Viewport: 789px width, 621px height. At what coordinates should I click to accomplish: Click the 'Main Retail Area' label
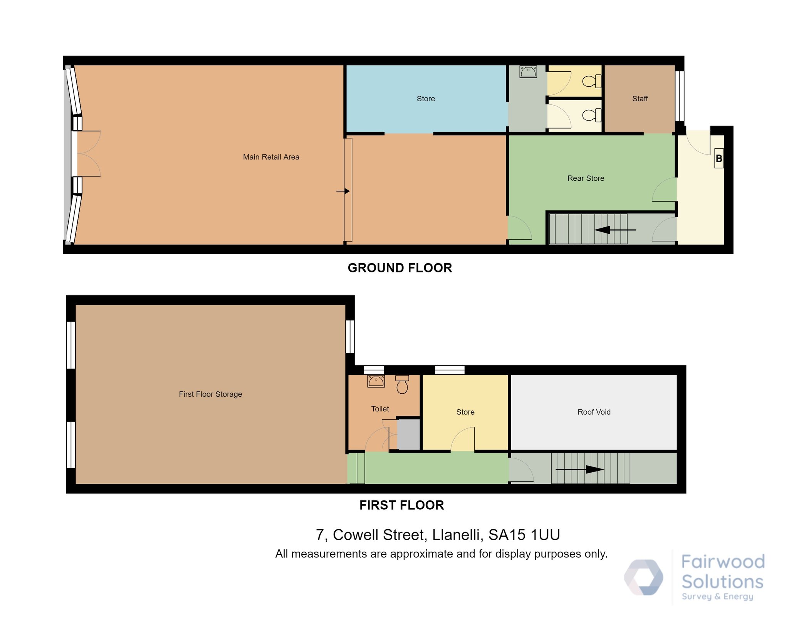coord(271,157)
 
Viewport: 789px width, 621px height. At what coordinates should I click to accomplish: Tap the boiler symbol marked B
coord(719,158)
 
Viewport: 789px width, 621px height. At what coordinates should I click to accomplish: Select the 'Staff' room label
coord(640,99)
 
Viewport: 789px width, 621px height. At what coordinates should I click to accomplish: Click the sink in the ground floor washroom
coord(528,72)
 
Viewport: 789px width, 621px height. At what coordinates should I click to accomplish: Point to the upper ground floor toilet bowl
coord(592,81)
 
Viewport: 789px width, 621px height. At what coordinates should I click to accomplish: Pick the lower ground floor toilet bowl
coord(592,115)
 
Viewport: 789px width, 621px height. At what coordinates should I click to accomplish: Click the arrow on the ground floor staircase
coord(615,230)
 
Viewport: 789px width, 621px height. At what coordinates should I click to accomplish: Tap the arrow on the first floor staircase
coord(579,469)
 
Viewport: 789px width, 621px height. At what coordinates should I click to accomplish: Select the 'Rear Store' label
coord(586,178)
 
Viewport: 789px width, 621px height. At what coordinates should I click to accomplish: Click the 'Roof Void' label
coord(594,412)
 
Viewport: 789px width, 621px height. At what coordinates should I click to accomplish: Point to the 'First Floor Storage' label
coord(210,394)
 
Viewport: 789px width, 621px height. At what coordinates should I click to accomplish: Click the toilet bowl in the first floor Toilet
coord(402,384)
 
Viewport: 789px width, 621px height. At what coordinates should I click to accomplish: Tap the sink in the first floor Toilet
coord(376,381)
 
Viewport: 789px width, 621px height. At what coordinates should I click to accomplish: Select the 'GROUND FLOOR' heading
coord(400,268)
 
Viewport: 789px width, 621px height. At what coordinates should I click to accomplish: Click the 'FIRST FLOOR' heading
coord(401,505)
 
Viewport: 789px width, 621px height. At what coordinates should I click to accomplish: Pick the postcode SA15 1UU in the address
coord(524,535)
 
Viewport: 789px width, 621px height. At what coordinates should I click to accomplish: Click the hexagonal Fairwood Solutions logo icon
coord(643,577)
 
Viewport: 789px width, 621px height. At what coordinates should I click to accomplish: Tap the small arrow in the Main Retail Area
coord(343,191)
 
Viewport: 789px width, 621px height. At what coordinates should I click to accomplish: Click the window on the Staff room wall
coord(680,96)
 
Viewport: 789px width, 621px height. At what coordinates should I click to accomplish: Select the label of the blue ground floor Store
coord(426,99)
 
